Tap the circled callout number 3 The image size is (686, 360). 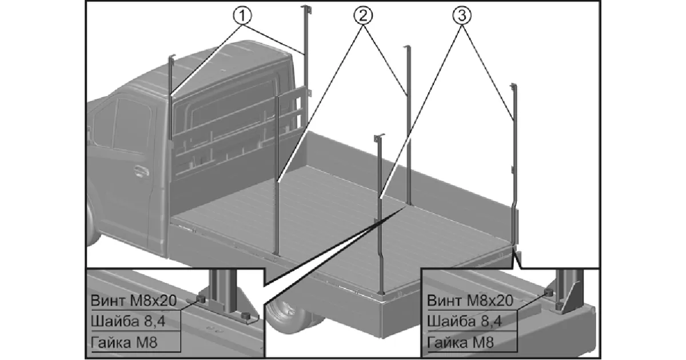[x=462, y=16]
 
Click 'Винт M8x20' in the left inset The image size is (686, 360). [x=134, y=299]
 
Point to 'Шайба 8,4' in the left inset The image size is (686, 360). [x=128, y=321]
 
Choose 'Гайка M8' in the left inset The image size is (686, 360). [x=123, y=343]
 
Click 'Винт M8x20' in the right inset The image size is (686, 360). [x=470, y=299]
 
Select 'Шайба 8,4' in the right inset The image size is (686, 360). [x=464, y=321]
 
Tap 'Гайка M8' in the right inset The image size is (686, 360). [x=460, y=343]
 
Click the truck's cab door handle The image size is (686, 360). [x=139, y=171]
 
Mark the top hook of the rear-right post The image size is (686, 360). [x=513, y=86]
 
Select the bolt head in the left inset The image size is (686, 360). [x=201, y=299]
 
